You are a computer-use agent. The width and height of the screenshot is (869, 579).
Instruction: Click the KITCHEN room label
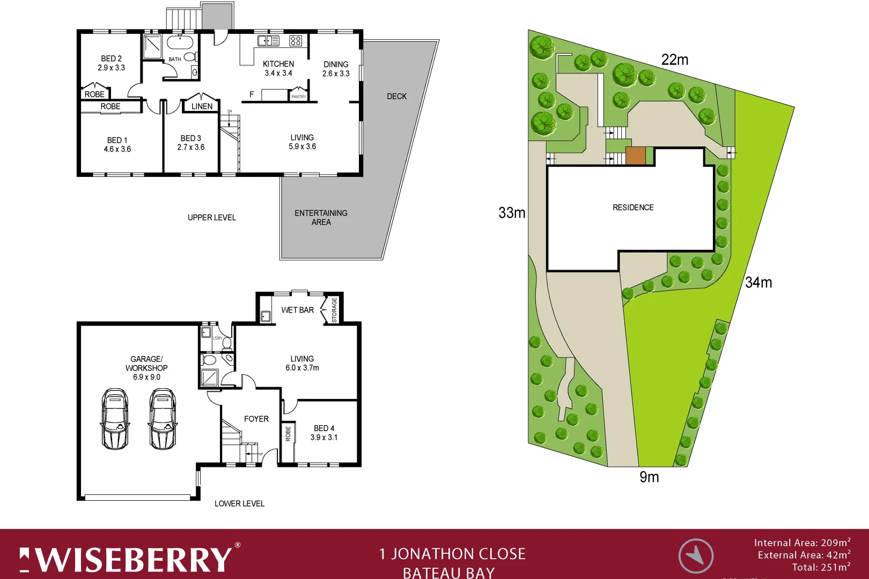tap(278, 64)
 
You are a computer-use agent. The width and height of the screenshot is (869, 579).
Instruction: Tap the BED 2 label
tap(111, 58)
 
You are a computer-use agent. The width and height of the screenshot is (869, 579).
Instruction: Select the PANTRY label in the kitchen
tap(298, 96)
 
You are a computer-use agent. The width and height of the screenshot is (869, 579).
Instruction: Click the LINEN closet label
tap(202, 106)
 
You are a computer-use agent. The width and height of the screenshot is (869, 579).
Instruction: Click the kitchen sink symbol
tap(268, 41)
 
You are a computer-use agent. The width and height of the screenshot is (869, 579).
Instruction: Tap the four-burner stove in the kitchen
tap(296, 41)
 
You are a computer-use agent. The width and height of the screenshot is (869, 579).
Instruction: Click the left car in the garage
tap(115, 419)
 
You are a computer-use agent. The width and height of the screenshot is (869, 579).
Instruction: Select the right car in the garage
tap(163, 419)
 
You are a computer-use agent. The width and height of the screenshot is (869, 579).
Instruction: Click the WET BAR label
tap(297, 310)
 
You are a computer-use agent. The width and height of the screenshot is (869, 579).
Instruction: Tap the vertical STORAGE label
tap(334, 310)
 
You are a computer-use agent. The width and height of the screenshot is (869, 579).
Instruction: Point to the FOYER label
tap(256, 419)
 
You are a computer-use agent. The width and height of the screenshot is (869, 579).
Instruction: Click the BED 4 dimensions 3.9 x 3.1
tap(323, 437)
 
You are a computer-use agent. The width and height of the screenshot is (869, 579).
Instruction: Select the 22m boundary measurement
tap(674, 60)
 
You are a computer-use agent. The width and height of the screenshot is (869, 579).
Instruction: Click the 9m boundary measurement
tap(649, 477)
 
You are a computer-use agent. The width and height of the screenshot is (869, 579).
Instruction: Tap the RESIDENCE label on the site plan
tap(633, 207)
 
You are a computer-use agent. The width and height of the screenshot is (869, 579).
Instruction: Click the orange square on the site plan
tap(636, 155)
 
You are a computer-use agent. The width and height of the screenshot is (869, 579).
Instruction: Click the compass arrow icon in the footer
tap(696, 555)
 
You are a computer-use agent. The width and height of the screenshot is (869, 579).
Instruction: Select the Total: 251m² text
tap(821, 567)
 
